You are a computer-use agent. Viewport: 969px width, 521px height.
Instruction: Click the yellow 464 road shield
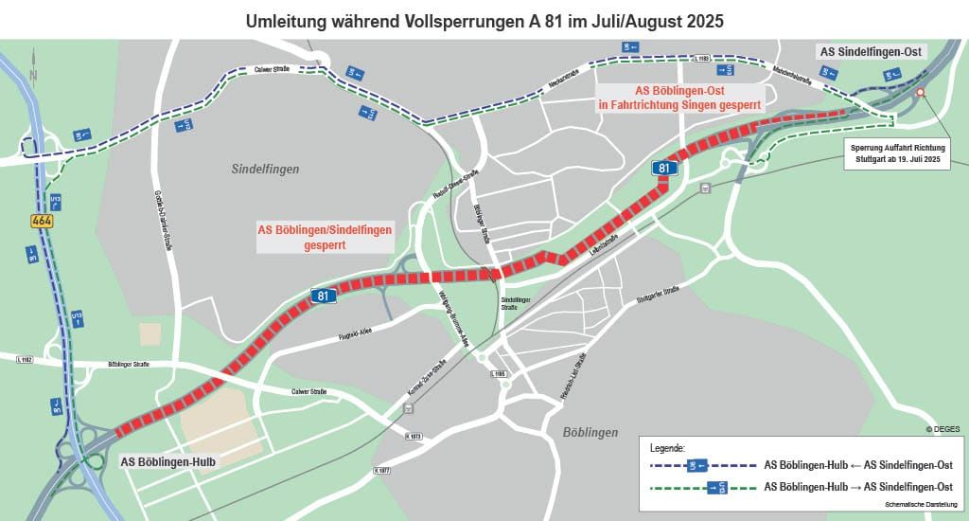(x=41, y=221)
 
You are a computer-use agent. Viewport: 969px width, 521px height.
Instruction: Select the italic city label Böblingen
(x=590, y=432)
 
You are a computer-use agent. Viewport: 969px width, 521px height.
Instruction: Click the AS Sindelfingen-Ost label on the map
(x=872, y=51)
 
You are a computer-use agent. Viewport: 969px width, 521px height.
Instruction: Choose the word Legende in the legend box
(x=667, y=446)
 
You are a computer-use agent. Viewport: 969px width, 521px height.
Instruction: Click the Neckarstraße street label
(x=563, y=74)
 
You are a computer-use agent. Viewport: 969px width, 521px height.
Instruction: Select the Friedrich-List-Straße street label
(x=574, y=376)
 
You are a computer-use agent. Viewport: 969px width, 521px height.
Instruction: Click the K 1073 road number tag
(x=413, y=437)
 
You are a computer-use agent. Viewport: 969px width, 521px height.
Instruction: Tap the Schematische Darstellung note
(x=923, y=505)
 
